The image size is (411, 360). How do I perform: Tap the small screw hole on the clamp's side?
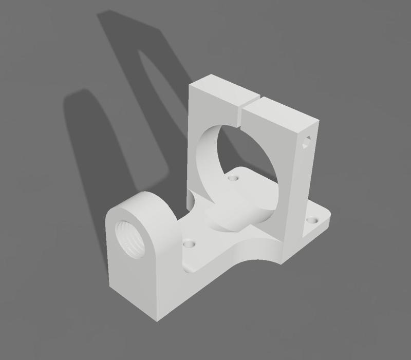307,143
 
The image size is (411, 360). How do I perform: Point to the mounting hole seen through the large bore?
234,179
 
